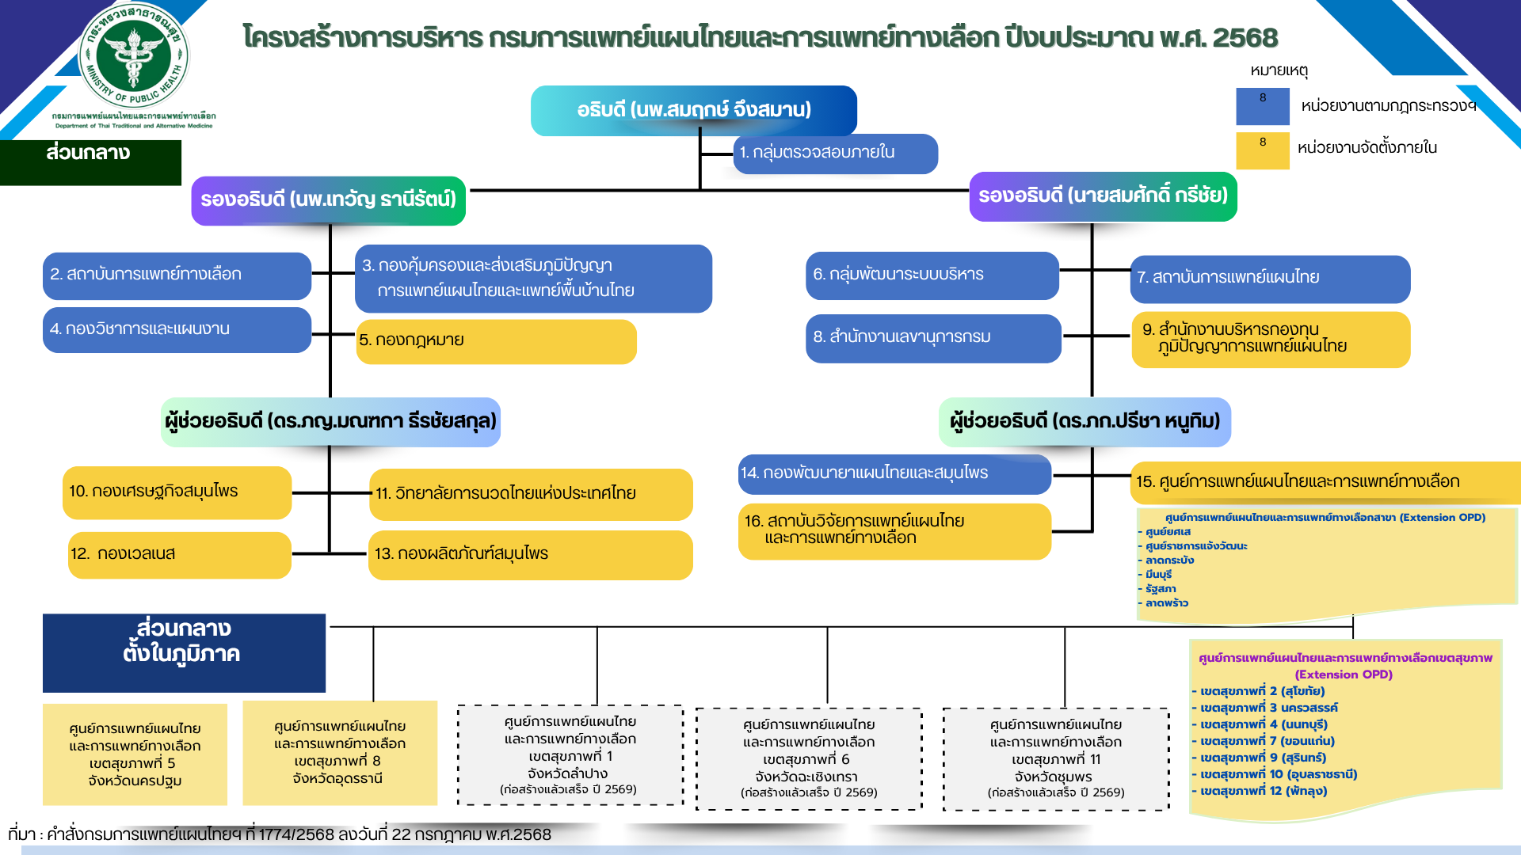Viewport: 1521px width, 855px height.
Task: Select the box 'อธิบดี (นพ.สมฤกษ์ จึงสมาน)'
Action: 693,110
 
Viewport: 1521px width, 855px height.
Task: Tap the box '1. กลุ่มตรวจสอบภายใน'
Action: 835,153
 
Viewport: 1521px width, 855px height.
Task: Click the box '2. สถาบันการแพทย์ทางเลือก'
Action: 177,275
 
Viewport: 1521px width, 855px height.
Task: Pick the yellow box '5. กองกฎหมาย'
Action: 496,341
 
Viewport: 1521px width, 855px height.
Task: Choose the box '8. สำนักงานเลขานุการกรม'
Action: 932,338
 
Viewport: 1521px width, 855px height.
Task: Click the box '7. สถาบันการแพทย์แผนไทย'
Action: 1269,279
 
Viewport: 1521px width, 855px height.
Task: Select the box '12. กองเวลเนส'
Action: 179,554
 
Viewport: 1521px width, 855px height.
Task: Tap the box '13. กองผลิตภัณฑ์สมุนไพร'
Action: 530,554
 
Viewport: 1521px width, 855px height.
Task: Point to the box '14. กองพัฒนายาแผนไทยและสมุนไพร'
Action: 894,473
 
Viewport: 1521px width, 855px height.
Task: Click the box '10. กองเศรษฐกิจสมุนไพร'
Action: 177,492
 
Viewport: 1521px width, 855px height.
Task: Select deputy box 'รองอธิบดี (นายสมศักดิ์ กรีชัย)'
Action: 1103,196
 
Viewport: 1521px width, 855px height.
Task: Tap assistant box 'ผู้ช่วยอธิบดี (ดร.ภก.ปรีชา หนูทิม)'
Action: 1085,422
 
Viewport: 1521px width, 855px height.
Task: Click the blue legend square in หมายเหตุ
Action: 1262,106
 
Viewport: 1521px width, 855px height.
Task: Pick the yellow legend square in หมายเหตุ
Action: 1262,150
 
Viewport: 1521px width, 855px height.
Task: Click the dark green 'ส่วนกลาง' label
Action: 90,161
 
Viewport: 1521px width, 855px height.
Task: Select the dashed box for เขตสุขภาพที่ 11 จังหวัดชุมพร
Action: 1055,758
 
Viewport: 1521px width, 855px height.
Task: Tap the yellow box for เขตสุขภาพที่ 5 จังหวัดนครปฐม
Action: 135,754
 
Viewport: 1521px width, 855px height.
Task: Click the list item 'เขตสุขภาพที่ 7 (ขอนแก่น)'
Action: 1267,741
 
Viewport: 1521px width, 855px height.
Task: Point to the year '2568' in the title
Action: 1245,37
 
